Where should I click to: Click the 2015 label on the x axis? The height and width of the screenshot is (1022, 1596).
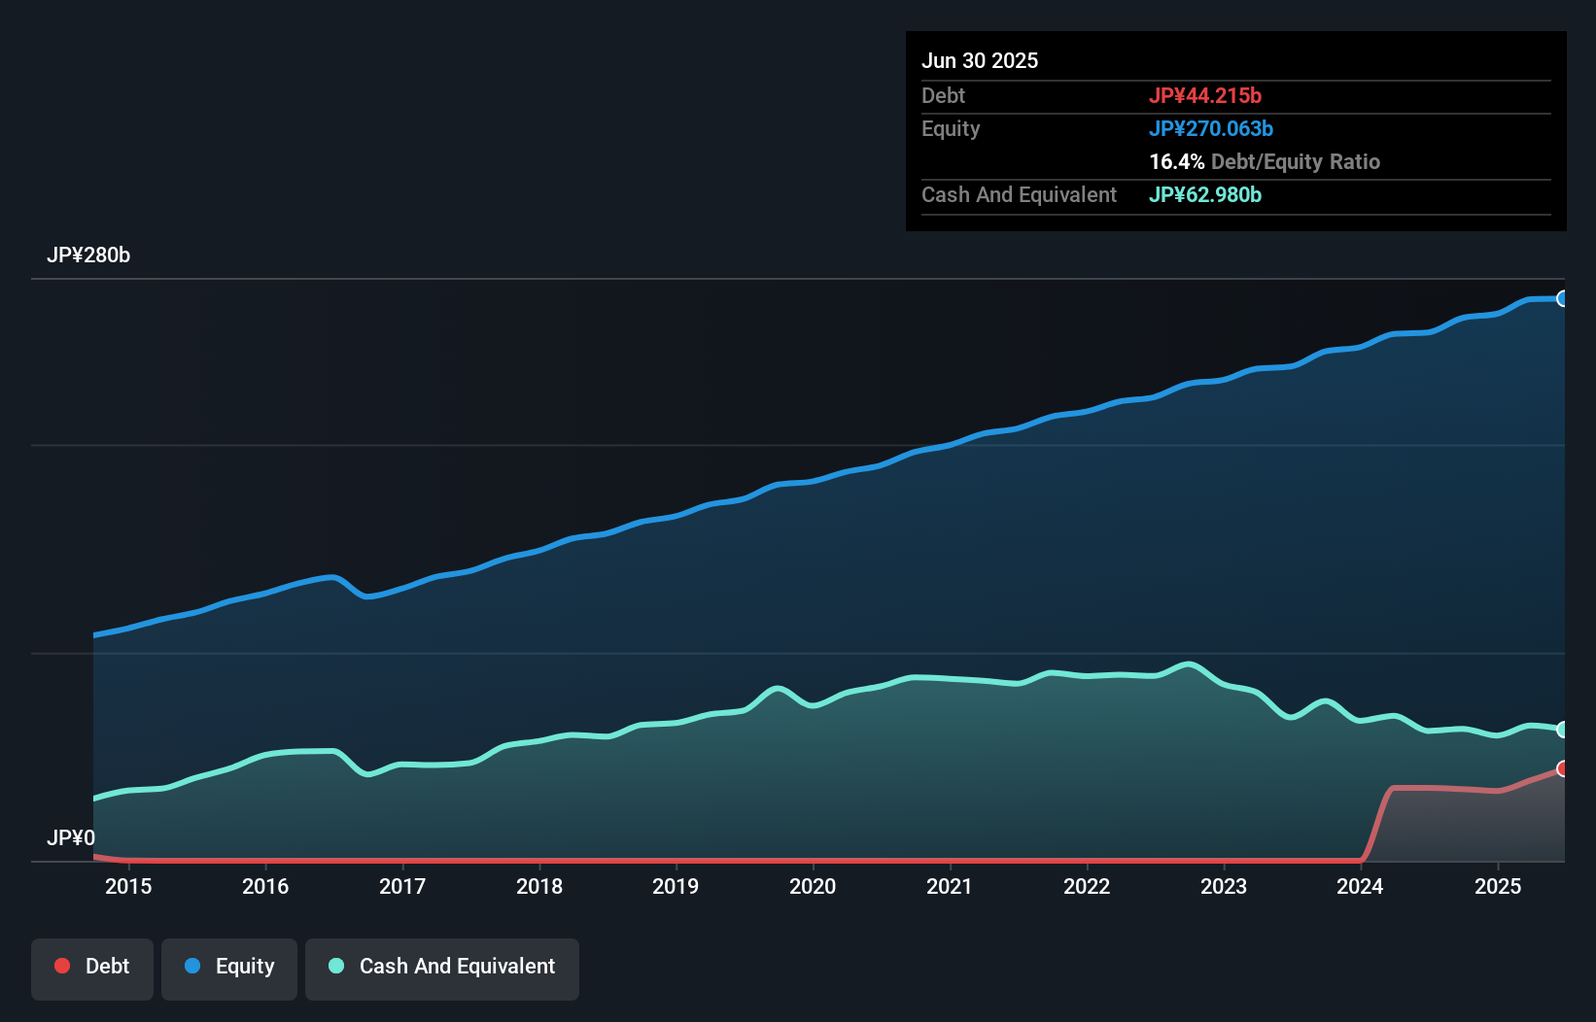coord(128,886)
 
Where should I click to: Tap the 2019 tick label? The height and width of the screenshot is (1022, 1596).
coord(676,886)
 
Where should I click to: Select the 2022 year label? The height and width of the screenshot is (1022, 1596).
coord(1086,886)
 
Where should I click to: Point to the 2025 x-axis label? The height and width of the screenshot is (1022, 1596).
coord(1497,886)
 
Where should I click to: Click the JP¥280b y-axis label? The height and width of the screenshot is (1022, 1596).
coord(88,255)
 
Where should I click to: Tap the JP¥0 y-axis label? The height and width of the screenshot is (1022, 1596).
coord(71,837)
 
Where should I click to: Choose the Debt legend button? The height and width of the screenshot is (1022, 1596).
coord(92,967)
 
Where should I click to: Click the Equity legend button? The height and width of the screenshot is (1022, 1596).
coord(229,967)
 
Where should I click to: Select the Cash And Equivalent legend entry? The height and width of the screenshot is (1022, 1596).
coord(442,967)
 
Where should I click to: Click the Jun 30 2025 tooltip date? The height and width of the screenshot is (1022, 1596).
coord(980,61)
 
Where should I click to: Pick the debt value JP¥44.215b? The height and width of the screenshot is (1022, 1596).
coord(1205,96)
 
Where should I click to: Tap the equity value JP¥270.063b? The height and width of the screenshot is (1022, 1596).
coord(1211,129)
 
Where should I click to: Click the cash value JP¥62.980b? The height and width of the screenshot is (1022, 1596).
coord(1205,195)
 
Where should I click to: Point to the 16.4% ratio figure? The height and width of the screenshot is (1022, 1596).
coord(1176,162)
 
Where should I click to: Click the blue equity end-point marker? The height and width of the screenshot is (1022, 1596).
coord(1562,298)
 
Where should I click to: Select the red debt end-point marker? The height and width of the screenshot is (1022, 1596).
coord(1562,768)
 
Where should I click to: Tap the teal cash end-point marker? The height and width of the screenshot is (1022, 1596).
coord(1562,730)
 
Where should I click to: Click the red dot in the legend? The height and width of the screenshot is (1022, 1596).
coord(62,966)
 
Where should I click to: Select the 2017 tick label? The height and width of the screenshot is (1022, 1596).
coord(402,886)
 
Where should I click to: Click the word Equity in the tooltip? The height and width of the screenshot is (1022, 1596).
coord(951,129)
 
